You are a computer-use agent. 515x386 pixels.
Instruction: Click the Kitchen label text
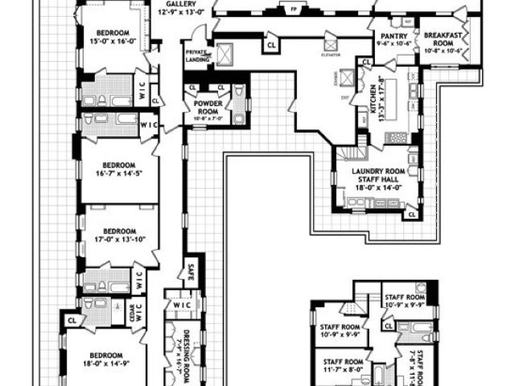[373, 103]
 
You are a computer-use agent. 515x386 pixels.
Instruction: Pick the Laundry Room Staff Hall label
[376, 175]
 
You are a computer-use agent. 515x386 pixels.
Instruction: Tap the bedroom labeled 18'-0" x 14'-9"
[105, 359]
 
